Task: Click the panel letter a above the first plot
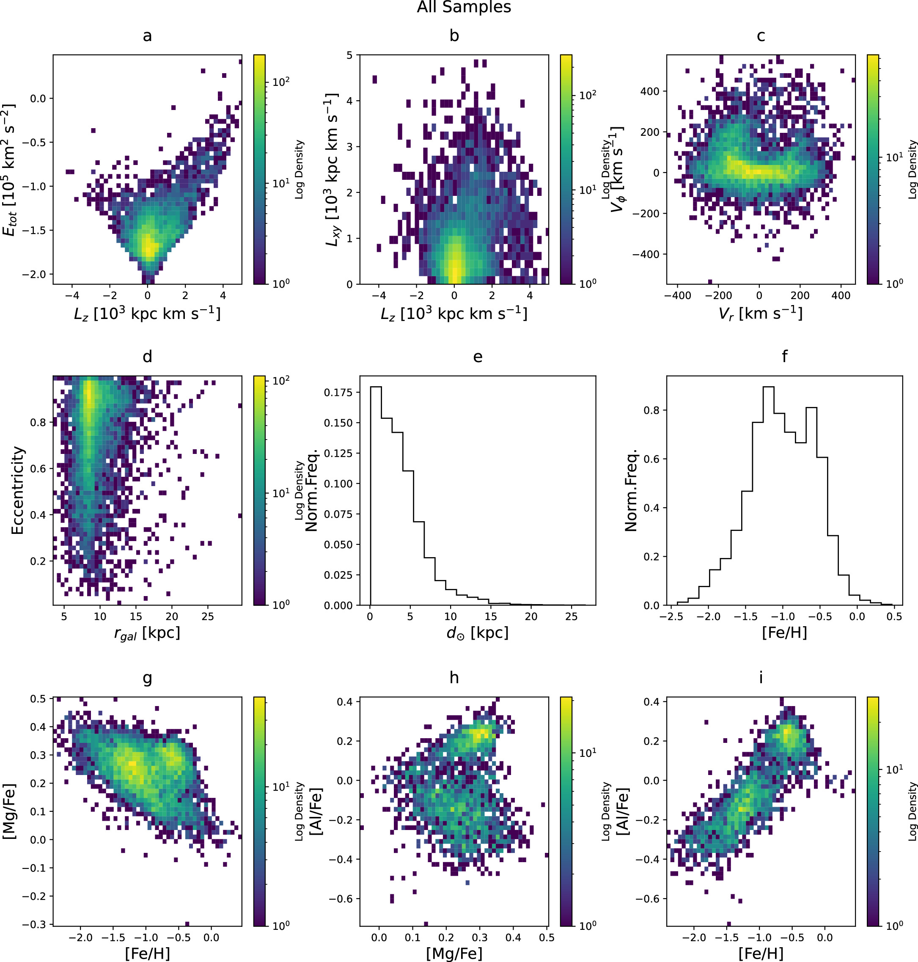pos(147,36)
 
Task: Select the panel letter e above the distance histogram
pos(478,357)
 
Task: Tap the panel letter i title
pos(761,678)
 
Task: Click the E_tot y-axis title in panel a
pos(10,169)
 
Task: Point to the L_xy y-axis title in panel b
pos(332,169)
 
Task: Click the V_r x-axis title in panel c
pos(761,313)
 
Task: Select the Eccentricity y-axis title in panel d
pos(18,490)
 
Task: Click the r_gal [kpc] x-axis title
pos(147,634)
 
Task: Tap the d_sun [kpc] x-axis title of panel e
pos(478,634)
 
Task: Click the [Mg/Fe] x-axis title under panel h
pos(454,953)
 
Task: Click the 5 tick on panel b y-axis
pos(349,55)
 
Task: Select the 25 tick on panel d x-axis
pos(207,616)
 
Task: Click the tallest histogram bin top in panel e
pos(376,387)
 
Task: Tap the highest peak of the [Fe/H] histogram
pos(768,387)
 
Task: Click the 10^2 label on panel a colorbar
pos(281,81)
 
